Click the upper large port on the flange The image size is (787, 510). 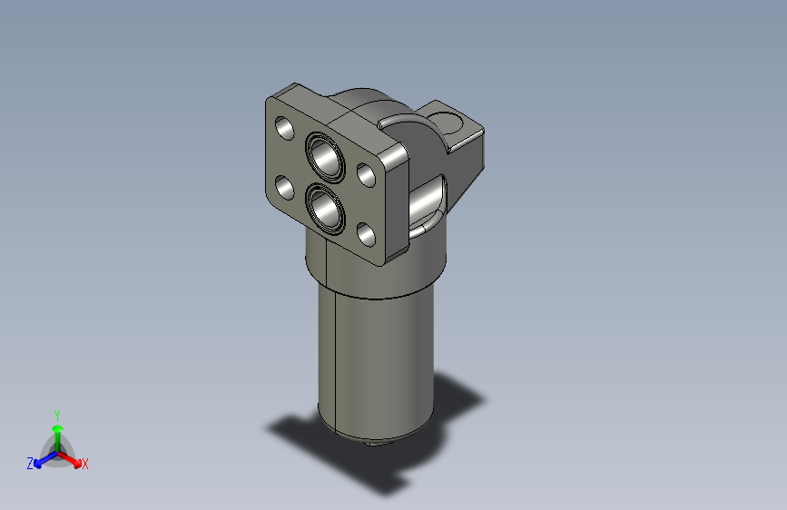[325, 156]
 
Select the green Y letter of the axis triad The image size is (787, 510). [57, 413]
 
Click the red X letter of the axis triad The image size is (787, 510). [85, 464]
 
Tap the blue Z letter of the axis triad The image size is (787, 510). [30, 463]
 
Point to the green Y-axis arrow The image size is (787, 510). [57, 431]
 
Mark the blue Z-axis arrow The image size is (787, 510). [42, 459]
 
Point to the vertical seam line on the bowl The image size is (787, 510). [335, 363]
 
